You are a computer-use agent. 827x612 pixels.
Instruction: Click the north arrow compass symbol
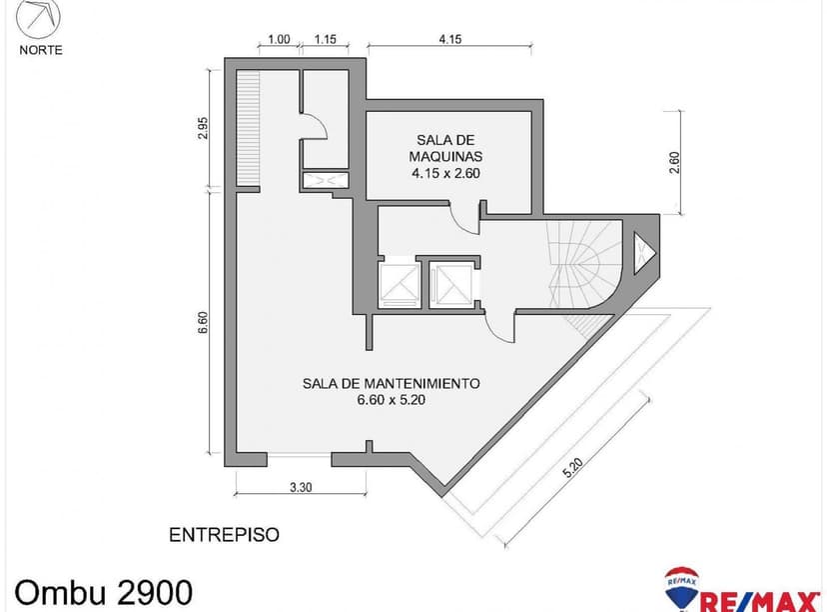tap(39, 20)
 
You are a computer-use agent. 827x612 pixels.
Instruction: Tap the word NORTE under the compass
tap(40, 50)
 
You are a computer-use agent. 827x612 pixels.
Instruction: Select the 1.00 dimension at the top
tap(279, 40)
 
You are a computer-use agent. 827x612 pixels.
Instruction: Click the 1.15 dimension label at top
tap(325, 40)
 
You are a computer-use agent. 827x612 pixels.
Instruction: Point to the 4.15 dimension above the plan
tap(448, 40)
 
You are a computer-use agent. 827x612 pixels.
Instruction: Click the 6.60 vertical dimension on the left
tap(204, 323)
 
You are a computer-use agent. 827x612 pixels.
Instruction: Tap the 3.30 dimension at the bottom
tap(299, 488)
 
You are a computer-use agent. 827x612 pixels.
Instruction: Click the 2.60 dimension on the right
tap(674, 163)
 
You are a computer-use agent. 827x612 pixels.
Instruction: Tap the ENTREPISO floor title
tap(224, 535)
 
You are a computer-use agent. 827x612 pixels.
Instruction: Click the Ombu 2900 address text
tap(97, 589)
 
